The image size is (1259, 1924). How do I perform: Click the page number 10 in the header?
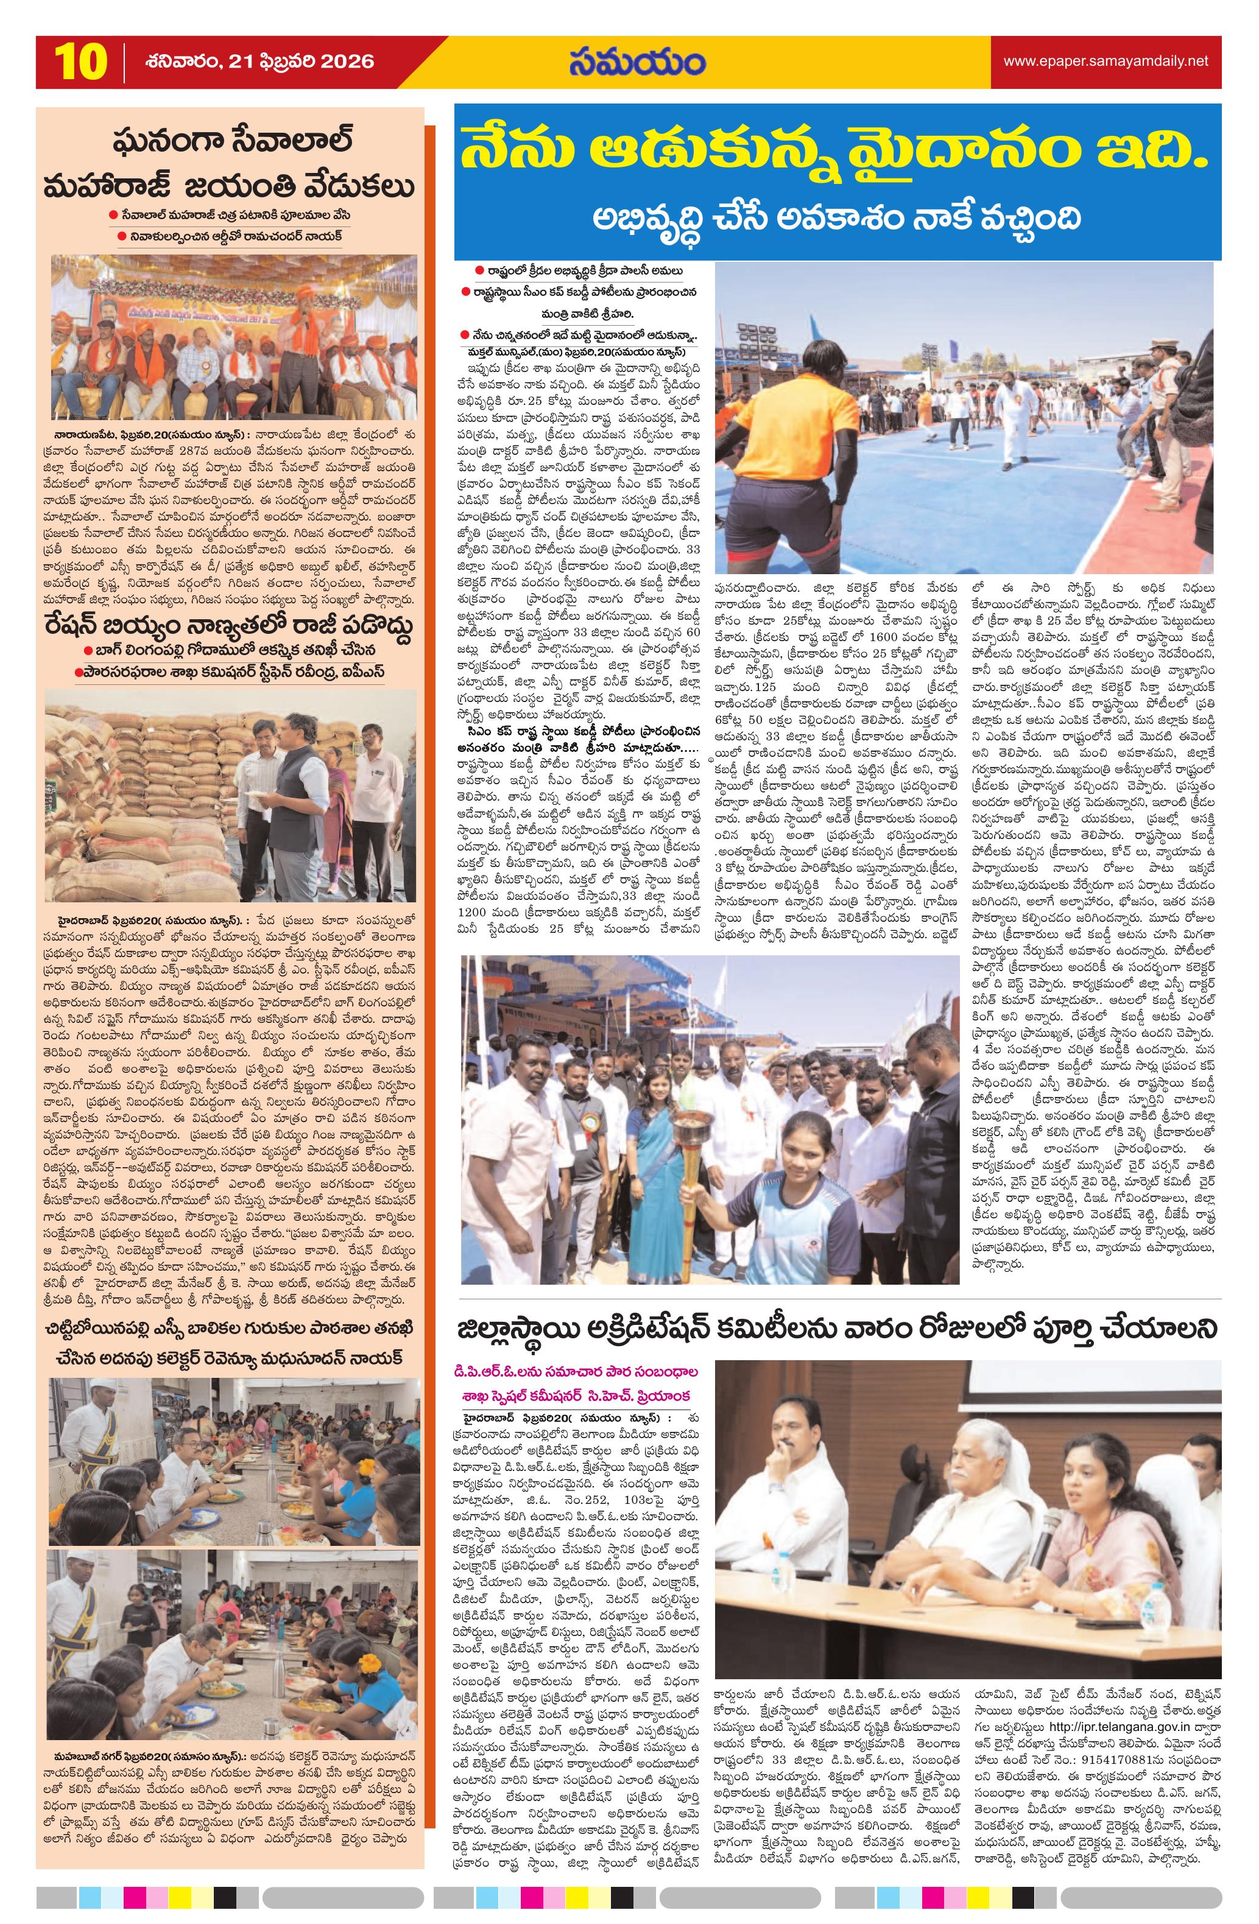[x=79, y=62]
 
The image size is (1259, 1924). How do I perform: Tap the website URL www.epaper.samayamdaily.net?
[x=1106, y=61]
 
